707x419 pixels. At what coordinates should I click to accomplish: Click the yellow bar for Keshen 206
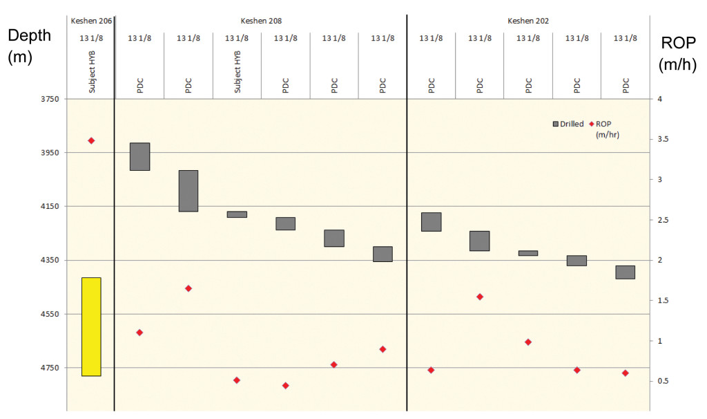pos(91,326)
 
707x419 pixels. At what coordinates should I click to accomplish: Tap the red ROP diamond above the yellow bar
pos(91,140)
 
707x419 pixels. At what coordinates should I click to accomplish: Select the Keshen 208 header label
pos(261,21)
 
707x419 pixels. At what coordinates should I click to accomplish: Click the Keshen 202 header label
pos(528,21)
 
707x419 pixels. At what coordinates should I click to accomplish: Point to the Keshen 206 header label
pos(91,21)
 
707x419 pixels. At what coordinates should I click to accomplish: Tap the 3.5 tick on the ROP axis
pos(662,140)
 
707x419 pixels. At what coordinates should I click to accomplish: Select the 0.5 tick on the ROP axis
pos(662,381)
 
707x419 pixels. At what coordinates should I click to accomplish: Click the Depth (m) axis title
pos(29,46)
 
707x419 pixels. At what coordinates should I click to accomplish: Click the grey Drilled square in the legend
pos(555,124)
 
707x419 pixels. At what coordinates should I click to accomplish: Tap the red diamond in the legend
pos(592,124)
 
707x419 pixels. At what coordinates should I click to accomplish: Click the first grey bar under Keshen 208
pos(140,156)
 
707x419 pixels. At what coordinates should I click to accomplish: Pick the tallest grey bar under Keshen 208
pos(188,191)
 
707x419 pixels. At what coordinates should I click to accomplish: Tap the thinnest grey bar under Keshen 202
pos(528,253)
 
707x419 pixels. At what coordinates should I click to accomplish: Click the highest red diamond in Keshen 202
pos(480,297)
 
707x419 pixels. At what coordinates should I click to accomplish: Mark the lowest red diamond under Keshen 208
pos(285,386)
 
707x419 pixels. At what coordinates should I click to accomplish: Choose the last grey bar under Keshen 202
pos(625,272)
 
